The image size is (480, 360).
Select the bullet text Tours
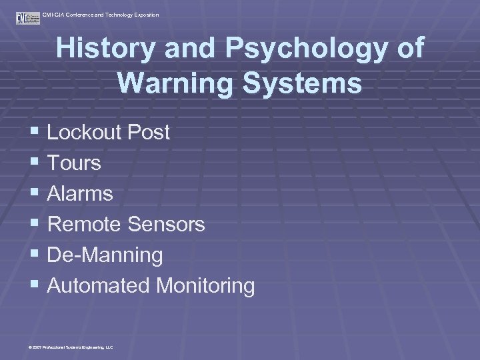[74, 163]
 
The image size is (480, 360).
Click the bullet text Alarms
[80, 193]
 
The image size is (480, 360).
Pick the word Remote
[85, 224]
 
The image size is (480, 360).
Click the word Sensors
[167, 224]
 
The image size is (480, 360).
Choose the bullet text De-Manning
[105, 255]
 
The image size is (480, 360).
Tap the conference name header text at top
[100, 15]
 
